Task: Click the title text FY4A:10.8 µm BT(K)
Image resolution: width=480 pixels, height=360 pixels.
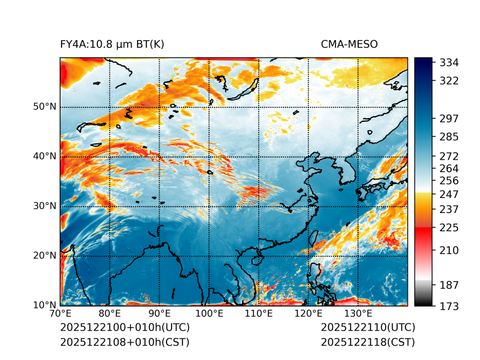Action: (x=112, y=45)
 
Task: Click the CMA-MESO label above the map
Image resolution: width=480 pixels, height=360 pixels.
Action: (x=349, y=45)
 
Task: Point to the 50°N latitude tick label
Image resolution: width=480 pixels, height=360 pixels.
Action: (x=45, y=107)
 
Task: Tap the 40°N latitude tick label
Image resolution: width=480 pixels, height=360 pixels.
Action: (x=45, y=156)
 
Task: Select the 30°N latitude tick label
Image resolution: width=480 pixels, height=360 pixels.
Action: (x=45, y=206)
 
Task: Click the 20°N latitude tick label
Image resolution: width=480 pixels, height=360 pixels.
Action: (x=45, y=256)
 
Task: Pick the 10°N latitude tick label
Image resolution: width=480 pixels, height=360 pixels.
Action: (x=45, y=305)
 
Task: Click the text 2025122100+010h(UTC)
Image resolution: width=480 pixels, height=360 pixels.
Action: (x=124, y=328)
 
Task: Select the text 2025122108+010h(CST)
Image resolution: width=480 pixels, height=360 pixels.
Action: (x=124, y=342)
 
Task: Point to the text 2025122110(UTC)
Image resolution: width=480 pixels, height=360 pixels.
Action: (x=368, y=328)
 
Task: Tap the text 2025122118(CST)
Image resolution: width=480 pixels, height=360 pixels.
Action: (x=368, y=342)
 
